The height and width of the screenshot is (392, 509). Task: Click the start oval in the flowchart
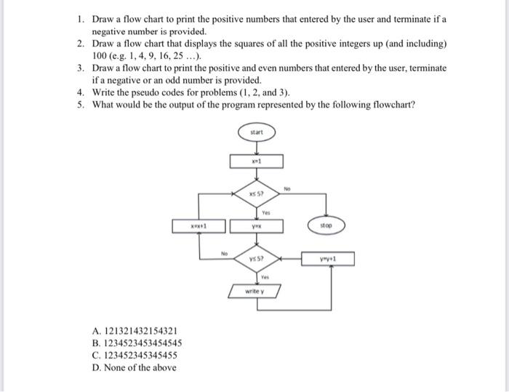(257, 133)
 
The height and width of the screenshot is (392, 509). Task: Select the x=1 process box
(257, 161)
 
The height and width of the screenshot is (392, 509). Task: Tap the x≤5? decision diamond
(257, 193)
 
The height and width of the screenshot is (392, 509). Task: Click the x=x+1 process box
(199, 226)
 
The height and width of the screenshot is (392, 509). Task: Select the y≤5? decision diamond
(257, 258)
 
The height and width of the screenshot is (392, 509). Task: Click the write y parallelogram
(256, 292)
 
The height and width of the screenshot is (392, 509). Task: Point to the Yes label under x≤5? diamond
(266, 213)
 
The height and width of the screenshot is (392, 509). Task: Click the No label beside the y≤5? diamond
(225, 253)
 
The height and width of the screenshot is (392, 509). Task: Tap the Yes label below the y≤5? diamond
(266, 277)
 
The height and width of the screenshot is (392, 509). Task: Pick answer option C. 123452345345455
(136, 355)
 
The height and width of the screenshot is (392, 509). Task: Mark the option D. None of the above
(134, 367)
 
